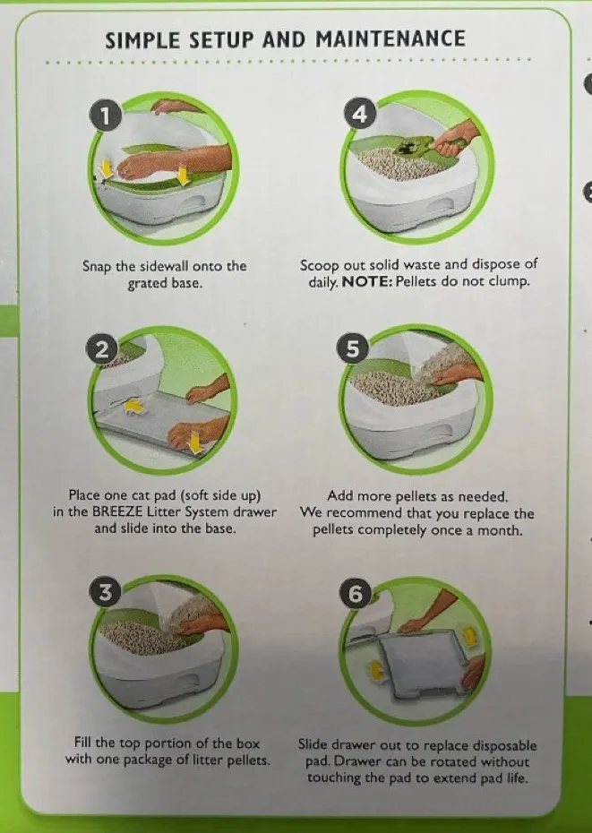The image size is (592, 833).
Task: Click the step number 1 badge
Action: [106, 116]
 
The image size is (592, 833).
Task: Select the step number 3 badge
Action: [105, 592]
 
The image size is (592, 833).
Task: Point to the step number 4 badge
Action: [360, 114]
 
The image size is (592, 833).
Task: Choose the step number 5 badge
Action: [352, 348]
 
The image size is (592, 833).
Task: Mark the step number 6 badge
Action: [355, 594]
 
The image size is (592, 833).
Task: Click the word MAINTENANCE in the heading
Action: [390, 39]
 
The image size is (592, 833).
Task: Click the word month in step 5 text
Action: [499, 530]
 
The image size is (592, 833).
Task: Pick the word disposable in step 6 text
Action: [505, 746]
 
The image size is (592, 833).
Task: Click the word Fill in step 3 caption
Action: [83, 743]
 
